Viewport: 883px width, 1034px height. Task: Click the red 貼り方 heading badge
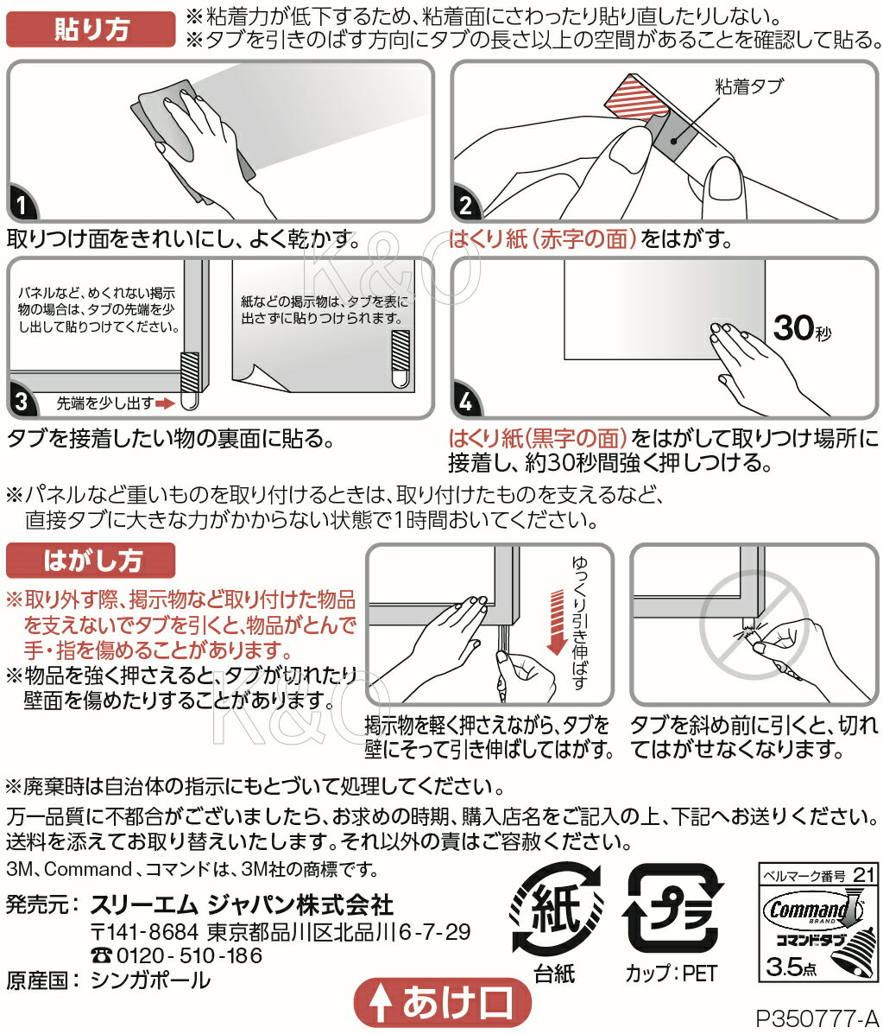coord(91,29)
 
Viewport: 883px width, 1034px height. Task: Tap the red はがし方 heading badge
coord(91,561)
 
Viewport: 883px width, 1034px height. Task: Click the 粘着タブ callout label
coord(748,86)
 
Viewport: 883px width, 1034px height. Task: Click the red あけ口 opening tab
coord(443,1003)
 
